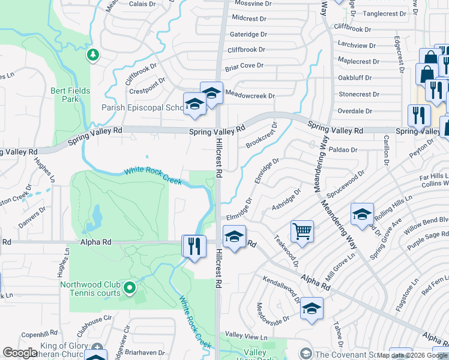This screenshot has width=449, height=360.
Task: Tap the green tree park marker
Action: pyautogui.click(x=92, y=56)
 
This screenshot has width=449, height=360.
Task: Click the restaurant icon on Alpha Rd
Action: pyautogui.click(x=194, y=245)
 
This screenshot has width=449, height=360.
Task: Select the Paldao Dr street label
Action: pyautogui.click(x=343, y=150)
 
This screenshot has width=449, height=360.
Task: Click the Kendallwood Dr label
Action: pyautogui.click(x=280, y=290)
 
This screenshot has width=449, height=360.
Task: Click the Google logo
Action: pyautogui.click(x=20, y=353)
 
